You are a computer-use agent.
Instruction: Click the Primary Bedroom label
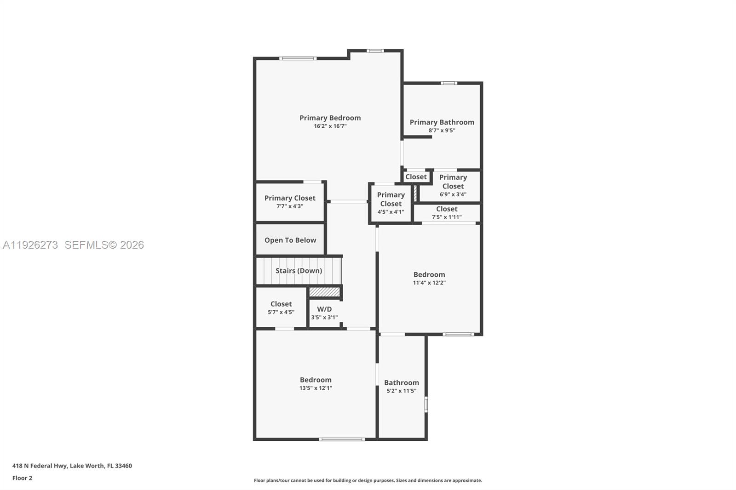coord(330,118)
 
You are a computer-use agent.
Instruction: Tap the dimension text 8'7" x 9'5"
coord(442,131)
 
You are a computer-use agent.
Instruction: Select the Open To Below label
coord(290,240)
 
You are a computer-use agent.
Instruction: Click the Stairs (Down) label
coord(299,271)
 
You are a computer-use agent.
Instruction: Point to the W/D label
coord(324,309)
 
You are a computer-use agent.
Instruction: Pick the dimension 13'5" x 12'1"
coord(316,388)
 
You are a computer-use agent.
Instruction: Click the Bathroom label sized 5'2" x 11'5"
coord(401,382)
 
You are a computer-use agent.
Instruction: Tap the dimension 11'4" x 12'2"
coord(429,283)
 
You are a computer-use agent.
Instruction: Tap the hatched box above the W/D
coord(324,292)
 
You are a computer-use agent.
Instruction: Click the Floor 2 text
coord(22,478)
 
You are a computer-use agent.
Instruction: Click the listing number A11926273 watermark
coord(30,245)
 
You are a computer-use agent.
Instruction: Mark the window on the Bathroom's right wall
coord(426,405)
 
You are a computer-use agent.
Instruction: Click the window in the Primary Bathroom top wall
coord(448,83)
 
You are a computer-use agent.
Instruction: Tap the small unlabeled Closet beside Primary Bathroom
coord(416,177)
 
